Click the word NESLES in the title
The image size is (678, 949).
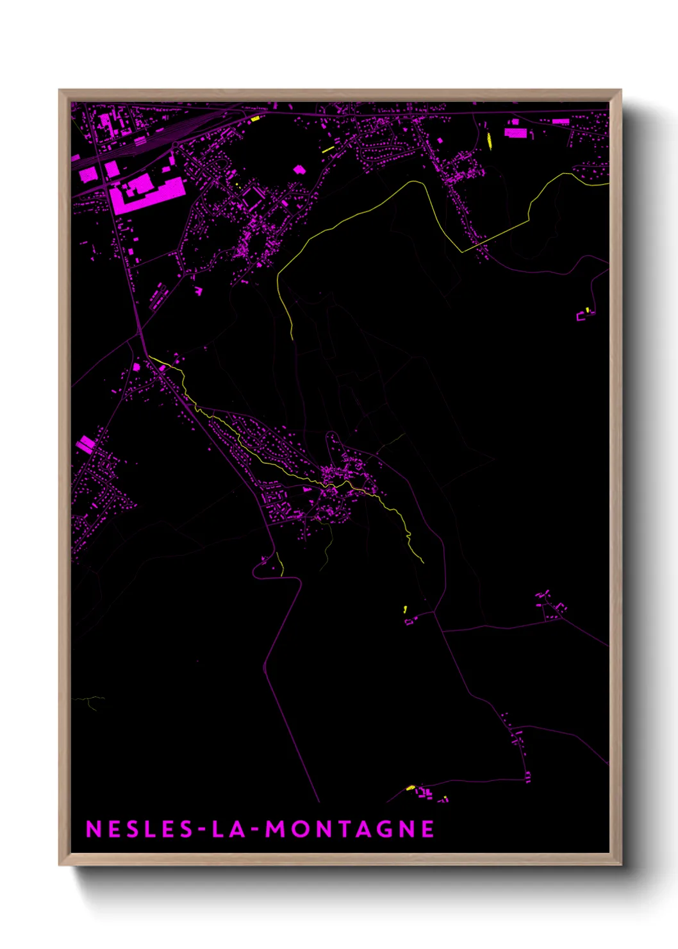pyautogui.click(x=140, y=829)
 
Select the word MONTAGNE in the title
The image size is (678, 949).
pyautogui.click(x=350, y=829)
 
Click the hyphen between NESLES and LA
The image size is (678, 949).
pyautogui.click(x=202, y=830)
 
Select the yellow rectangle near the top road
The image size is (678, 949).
pyautogui.click(x=254, y=119)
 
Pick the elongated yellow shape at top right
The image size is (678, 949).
pyautogui.click(x=490, y=140)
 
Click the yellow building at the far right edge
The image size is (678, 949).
pyautogui.click(x=587, y=310)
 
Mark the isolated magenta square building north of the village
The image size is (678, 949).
pyautogui.click(x=299, y=170)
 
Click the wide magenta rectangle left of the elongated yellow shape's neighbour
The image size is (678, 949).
pyautogui.click(x=515, y=133)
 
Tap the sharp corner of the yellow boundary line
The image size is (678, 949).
pyautogui.click(x=463, y=252)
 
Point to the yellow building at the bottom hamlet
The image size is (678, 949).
pyautogui.click(x=411, y=787)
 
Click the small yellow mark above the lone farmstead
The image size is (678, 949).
pyautogui.click(x=406, y=609)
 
